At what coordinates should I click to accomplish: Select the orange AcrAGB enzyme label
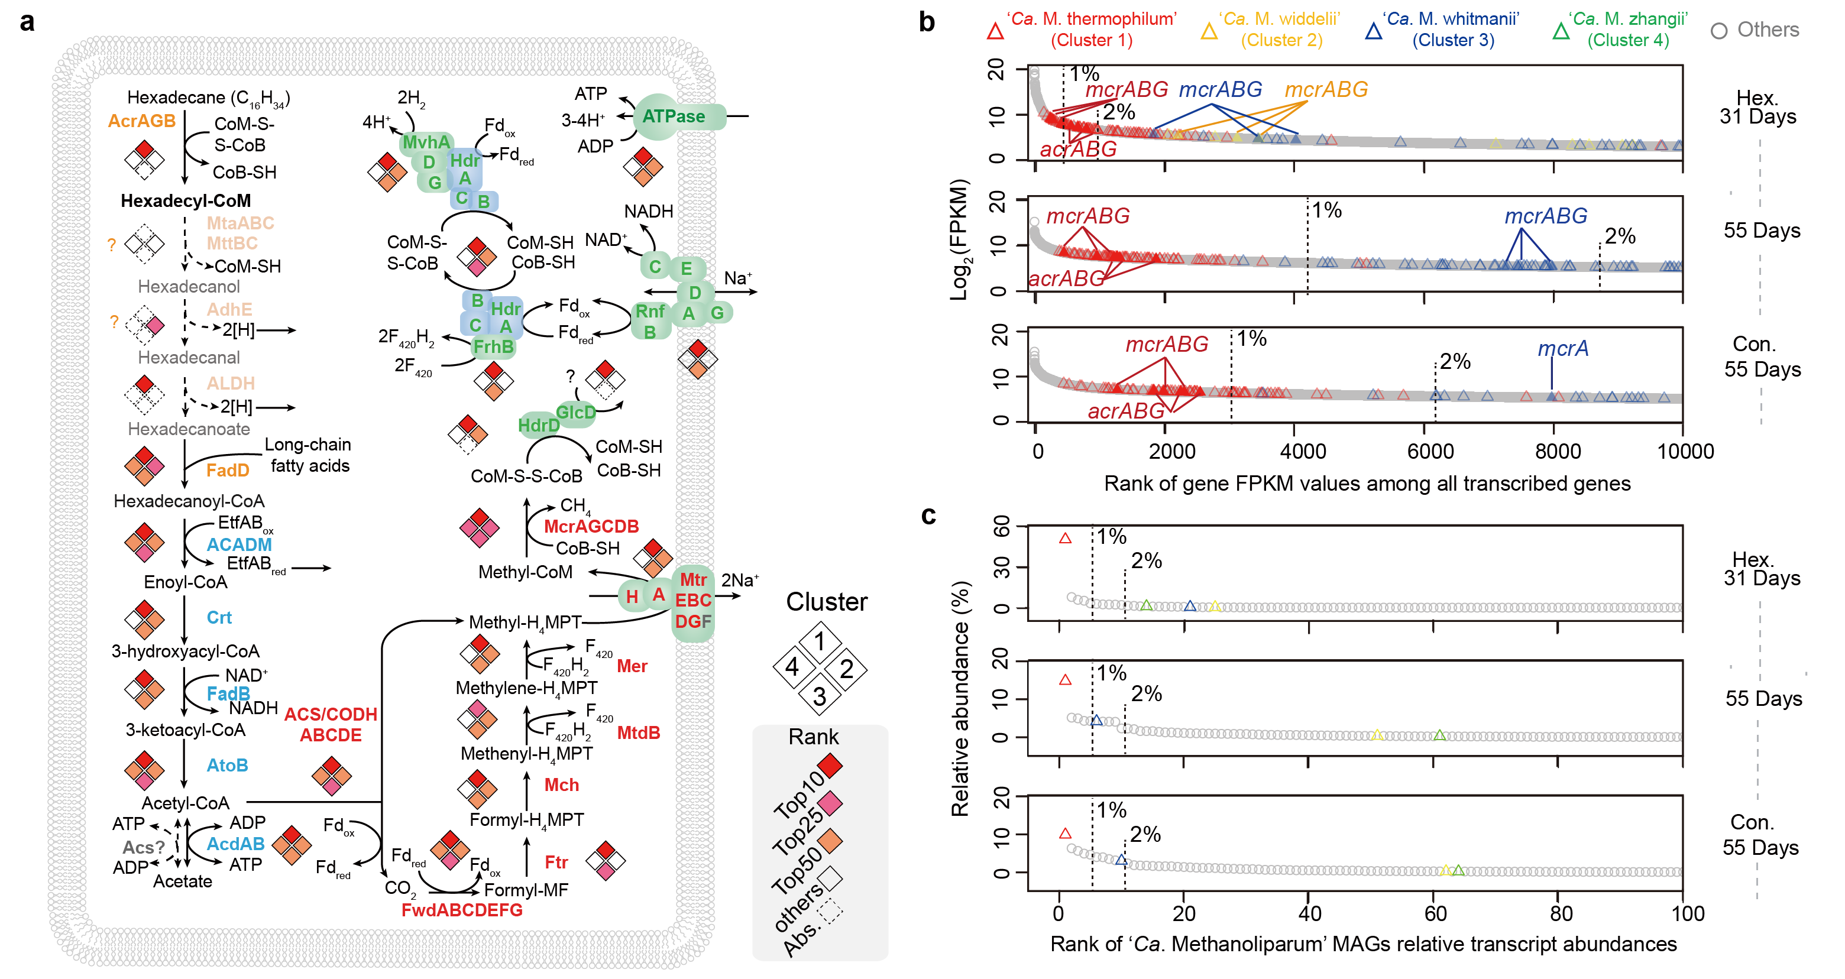141,121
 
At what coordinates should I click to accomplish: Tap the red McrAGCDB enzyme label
591,526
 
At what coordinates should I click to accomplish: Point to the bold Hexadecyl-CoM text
186,201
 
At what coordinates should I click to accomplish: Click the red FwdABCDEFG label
462,910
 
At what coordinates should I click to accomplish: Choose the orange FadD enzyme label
228,471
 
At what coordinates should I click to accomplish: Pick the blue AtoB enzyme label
227,766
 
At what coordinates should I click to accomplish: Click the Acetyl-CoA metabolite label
186,803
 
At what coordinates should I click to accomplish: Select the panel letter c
928,515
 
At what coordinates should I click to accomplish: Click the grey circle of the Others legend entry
1718,31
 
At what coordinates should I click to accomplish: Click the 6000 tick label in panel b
1430,452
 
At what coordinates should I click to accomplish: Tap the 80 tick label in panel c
1561,914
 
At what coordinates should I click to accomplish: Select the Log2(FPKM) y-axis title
959,240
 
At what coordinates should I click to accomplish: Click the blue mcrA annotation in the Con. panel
1562,349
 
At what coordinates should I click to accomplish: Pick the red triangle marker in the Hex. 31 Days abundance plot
1065,538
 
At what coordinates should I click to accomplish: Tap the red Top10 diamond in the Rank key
830,766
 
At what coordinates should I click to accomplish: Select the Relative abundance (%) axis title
960,698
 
